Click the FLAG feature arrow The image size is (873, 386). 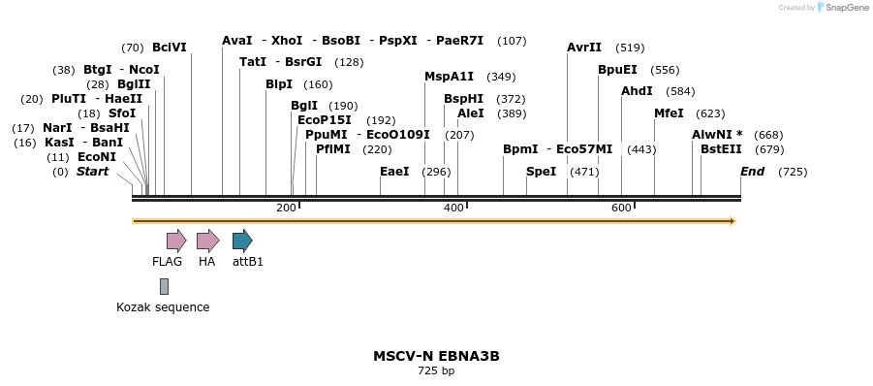coord(175,241)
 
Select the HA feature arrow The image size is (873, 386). coord(207,241)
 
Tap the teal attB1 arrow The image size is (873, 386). coord(242,241)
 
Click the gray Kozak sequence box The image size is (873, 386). coord(164,286)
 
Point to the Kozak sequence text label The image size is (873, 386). coord(163,307)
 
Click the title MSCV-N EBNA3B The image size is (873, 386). coord(436,356)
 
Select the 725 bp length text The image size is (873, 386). coord(436,370)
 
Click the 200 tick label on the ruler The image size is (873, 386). coord(286,209)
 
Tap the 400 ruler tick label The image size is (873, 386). coord(453,209)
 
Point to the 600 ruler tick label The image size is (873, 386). coord(621,209)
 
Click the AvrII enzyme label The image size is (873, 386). coord(584,48)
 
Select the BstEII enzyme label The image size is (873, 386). coord(721,149)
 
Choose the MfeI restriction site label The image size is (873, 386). coord(669,113)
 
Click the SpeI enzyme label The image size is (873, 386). coord(541,172)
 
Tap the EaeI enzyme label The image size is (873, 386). coord(394,172)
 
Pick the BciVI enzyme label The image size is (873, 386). coord(170,48)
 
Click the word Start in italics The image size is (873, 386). coord(92,172)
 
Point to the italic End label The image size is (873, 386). coord(752,172)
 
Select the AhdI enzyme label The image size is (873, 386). coord(637,91)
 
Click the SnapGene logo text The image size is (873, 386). coord(847,8)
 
